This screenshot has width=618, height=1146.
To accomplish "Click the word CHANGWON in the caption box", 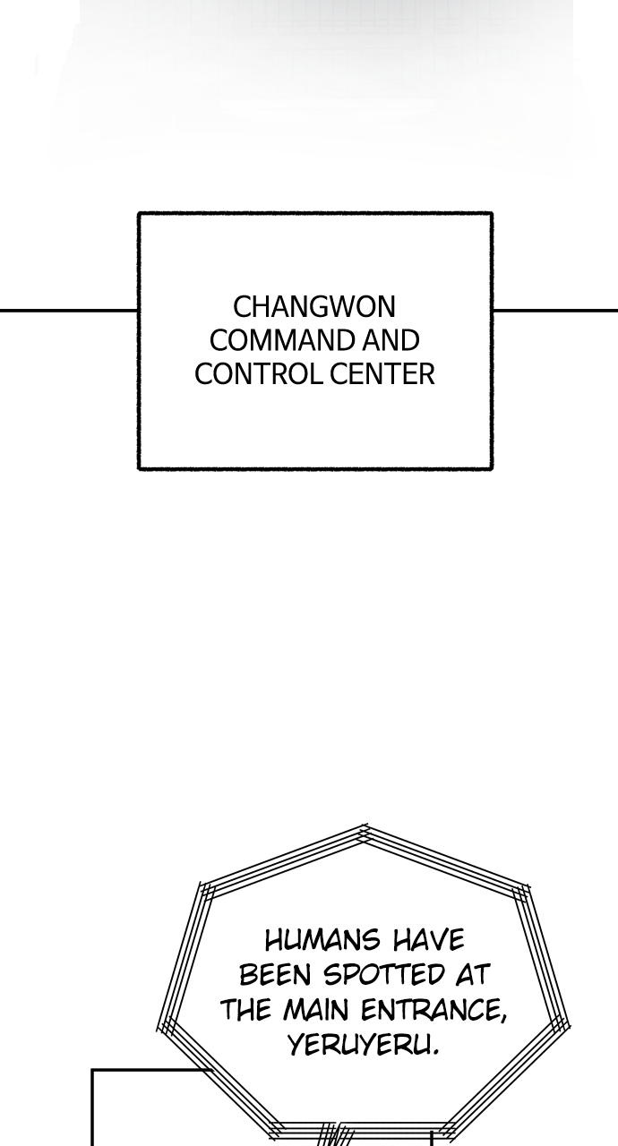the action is point(314,307).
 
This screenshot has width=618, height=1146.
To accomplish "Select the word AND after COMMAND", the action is point(391,340).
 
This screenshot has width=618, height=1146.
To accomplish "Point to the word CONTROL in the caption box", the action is point(259,374).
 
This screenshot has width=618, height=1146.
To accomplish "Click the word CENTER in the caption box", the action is point(382,374).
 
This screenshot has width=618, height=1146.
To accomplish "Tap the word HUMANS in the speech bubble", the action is point(322,940).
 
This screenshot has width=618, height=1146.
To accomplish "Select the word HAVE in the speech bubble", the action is point(429,940).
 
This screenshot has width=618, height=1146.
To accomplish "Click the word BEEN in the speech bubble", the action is point(275,975).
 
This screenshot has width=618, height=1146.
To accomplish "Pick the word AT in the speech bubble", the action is point(473,975).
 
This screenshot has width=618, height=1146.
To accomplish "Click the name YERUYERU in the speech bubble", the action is point(364,1044).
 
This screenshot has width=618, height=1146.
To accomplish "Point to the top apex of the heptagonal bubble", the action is point(365,825).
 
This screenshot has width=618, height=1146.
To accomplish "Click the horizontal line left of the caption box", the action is point(69,310).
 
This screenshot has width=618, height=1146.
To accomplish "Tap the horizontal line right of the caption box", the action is point(555,310).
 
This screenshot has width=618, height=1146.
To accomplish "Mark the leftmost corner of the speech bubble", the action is point(158,1026).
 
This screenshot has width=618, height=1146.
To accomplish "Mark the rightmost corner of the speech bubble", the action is point(569,1026).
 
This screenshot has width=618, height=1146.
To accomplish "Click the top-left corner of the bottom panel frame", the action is point(92,1070).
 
